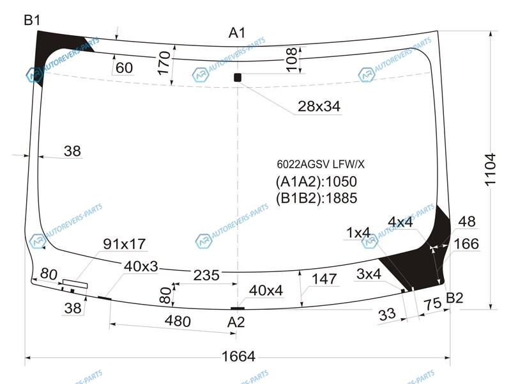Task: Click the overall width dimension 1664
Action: tap(238, 356)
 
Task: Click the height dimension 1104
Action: tap(490, 170)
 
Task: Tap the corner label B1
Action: tap(32, 20)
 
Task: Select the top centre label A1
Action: tap(237, 33)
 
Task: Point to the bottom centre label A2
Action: tap(236, 322)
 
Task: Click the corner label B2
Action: tap(454, 298)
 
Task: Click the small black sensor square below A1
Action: tap(238, 77)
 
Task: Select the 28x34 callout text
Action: tap(319, 106)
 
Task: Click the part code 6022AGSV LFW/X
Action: tap(321, 164)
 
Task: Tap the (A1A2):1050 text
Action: tap(316, 182)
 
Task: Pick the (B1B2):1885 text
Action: tap(316, 198)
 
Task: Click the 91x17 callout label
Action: tap(124, 244)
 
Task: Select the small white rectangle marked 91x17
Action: tap(75, 284)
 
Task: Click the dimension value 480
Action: tap(178, 321)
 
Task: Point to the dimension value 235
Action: tap(206, 275)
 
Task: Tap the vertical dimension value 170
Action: tap(164, 63)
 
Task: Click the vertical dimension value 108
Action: tap(291, 59)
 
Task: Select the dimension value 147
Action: tap(324, 279)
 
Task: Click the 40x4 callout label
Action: tap(266, 291)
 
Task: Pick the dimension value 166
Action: tap(466, 244)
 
